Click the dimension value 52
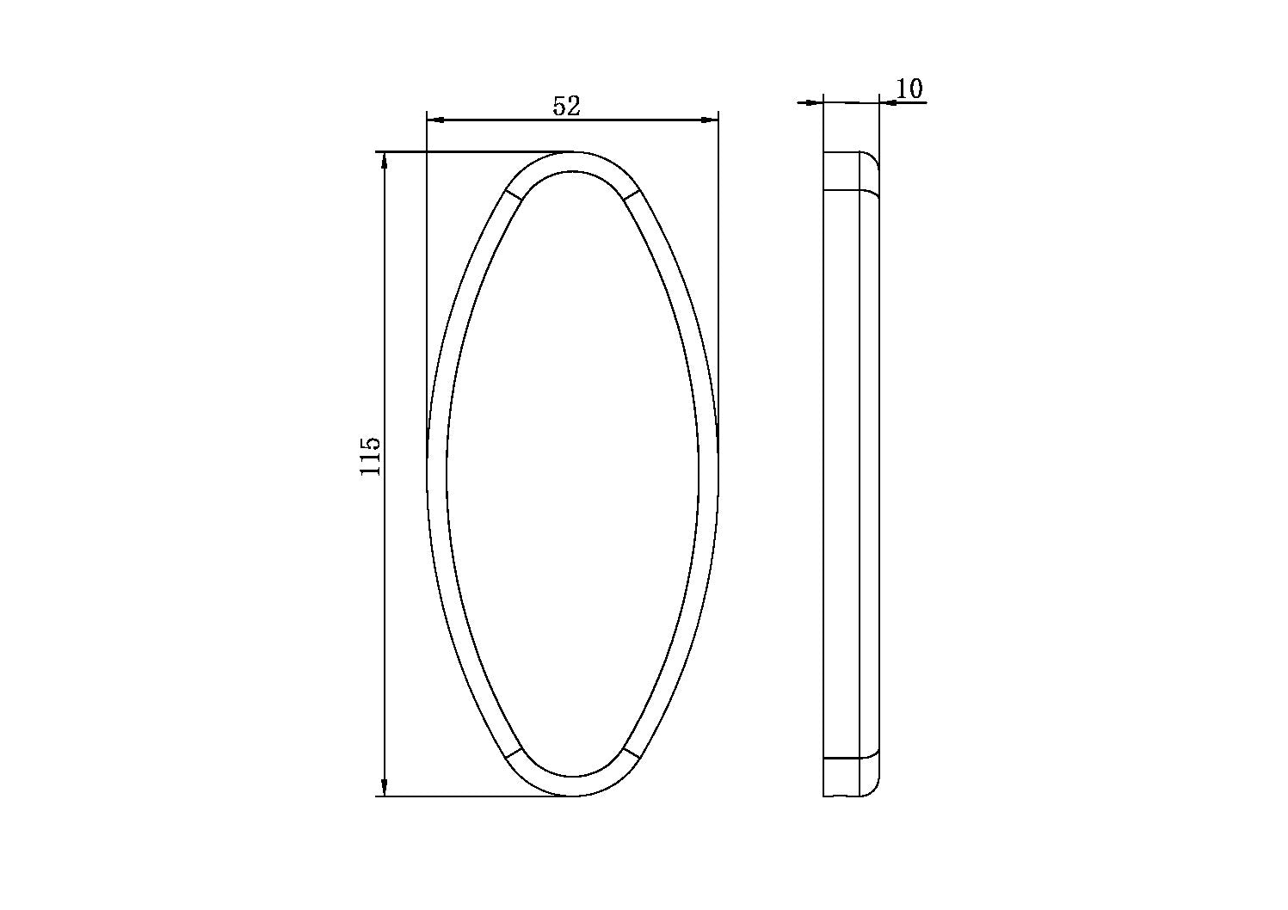pyautogui.click(x=567, y=106)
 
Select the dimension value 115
pyautogui.click(x=370, y=456)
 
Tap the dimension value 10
pyautogui.click(x=909, y=89)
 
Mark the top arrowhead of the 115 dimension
pyautogui.click(x=384, y=161)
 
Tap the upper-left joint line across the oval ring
pyautogui.click(x=513, y=194)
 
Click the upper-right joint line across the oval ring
pyautogui.click(x=632, y=194)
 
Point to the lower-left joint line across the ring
pyautogui.click(x=513, y=753)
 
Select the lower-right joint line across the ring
pyautogui.click(x=632, y=753)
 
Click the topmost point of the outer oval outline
pyautogui.click(x=572, y=152)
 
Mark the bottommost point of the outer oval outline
pyautogui.click(x=572, y=796)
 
